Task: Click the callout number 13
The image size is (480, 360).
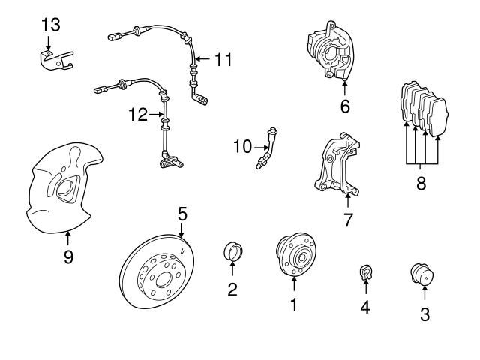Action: [x=49, y=25]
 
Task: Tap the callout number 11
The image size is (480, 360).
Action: [x=223, y=58]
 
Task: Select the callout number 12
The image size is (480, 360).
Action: [x=136, y=115]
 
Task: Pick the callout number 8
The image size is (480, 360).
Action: [x=421, y=184]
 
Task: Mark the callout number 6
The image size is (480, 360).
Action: [x=345, y=106]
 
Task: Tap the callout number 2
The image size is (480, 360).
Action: [x=232, y=289]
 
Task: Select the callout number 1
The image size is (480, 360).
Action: [x=294, y=304]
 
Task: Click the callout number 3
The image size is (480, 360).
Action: [x=424, y=314]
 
